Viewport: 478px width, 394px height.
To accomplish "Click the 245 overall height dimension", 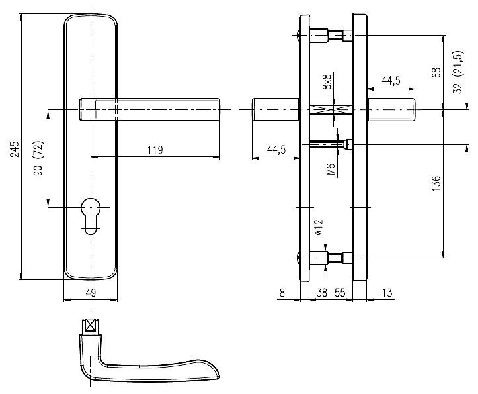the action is (x=15, y=149).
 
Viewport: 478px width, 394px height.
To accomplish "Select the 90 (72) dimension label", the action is (x=39, y=158).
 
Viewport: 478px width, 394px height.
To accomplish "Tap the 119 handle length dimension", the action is (x=155, y=150).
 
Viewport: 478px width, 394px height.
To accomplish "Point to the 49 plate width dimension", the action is (x=91, y=293).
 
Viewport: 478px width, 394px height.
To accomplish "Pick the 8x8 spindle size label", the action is (x=327, y=82).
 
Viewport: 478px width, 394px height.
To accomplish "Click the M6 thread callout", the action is (x=331, y=170).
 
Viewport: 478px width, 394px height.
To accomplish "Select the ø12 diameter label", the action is (x=318, y=227).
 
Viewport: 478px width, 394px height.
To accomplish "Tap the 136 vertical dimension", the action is (x=436, y=183).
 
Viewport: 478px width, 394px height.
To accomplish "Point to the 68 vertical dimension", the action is (x=436, y=73).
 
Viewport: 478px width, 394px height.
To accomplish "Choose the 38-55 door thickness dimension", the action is (x=331, y=293).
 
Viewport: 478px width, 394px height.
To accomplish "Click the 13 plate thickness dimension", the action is (x=387, y=293).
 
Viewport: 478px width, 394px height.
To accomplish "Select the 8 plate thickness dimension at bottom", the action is (x=282, y=293).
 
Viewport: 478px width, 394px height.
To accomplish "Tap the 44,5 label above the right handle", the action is (x=391, y=81).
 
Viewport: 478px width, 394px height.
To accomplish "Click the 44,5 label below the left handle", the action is (x=276, y=150).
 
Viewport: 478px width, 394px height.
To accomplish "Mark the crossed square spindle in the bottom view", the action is (x=90, y=325).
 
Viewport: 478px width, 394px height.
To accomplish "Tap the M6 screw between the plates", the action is (x=331, y=144).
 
